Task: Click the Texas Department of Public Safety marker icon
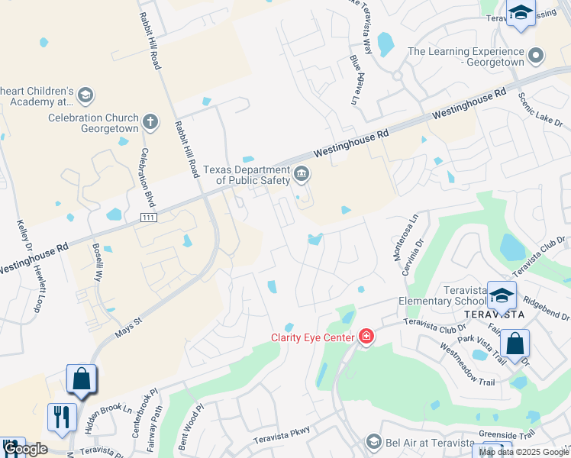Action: pos(302,175)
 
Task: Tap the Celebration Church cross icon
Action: pos(150,120)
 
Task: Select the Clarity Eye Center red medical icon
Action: pos(366,337)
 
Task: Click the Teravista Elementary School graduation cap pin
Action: pos(502,295)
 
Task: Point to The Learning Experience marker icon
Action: pos(536,55)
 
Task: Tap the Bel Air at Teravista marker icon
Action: pos(373,442)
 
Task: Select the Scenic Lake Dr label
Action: pos(540,111)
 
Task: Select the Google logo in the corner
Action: pos(25,450)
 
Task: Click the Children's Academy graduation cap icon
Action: pos(85,95)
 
